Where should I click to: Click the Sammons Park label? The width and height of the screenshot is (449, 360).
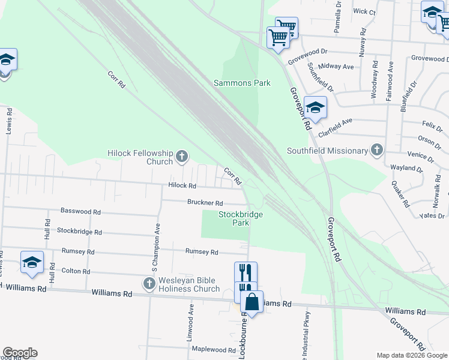point(242,83)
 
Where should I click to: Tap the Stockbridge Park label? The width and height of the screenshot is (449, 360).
point(234,218)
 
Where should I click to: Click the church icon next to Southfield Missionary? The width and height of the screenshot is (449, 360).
point(376,150)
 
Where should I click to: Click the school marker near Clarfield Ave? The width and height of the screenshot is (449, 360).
point(315,108)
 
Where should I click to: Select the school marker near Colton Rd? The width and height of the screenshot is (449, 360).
point(32,262)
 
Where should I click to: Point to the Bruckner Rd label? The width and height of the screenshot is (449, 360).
point(205,203)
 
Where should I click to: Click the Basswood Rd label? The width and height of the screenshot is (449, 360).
point(80,212)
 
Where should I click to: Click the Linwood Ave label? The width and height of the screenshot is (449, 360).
point(190,322)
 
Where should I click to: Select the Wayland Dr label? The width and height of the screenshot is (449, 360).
point(406,168)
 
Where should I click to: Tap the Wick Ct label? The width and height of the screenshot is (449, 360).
point(364,11)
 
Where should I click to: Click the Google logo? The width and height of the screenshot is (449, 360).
point(20,353)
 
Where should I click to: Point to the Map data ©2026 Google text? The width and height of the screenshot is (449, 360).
point(412,355)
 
